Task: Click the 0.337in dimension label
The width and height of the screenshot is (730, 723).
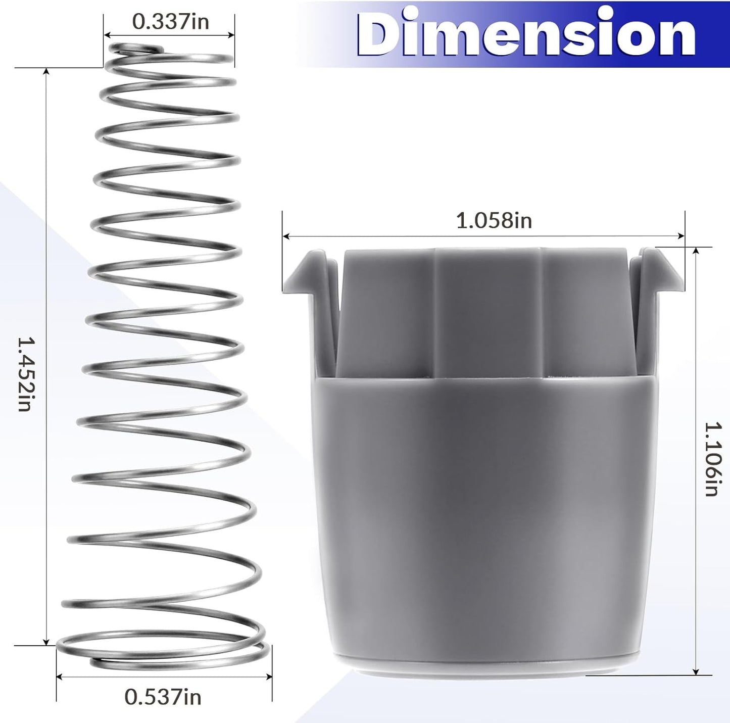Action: pos(170,22)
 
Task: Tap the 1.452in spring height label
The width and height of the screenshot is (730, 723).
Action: pos(26,374)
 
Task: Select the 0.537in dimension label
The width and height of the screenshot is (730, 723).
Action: pos(163,697)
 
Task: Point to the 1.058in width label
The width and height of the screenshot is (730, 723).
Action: pos(494,220)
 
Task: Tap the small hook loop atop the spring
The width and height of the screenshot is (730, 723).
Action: pos(136,47)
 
